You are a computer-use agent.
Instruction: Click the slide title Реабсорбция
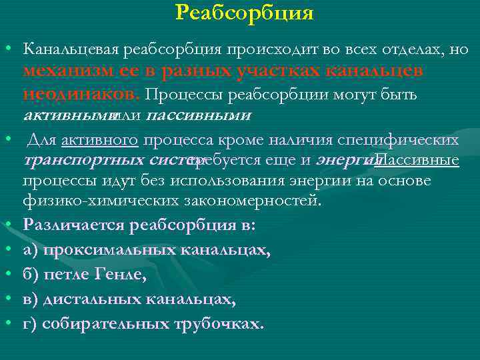244,13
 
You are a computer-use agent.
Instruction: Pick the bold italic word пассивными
207,115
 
